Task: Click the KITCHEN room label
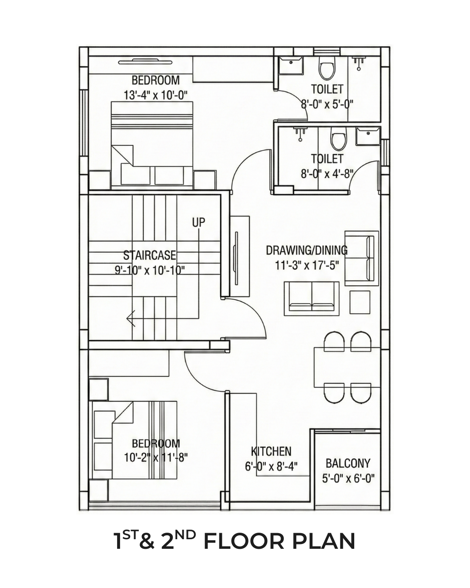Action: [x=271, y=451]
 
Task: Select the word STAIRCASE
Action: [x=149, y=255]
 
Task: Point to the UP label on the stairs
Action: [x=198, y=223]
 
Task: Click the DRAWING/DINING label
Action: [x=307, y=250]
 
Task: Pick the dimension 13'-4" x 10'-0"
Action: [x=156, y=95]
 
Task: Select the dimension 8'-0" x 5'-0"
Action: [x=327, y=104]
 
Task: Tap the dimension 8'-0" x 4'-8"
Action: [x=327, y=173]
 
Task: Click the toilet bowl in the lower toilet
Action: [x=339, y=138]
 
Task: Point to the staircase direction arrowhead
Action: [x=131, y=318]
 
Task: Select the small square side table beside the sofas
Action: [x=360, y=302]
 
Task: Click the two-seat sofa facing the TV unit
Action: [x=312, y=299]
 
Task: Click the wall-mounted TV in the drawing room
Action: [x=236, y=251]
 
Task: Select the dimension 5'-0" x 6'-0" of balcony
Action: [x=348, y=478]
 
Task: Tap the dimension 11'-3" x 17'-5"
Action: [x=307, y=265]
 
